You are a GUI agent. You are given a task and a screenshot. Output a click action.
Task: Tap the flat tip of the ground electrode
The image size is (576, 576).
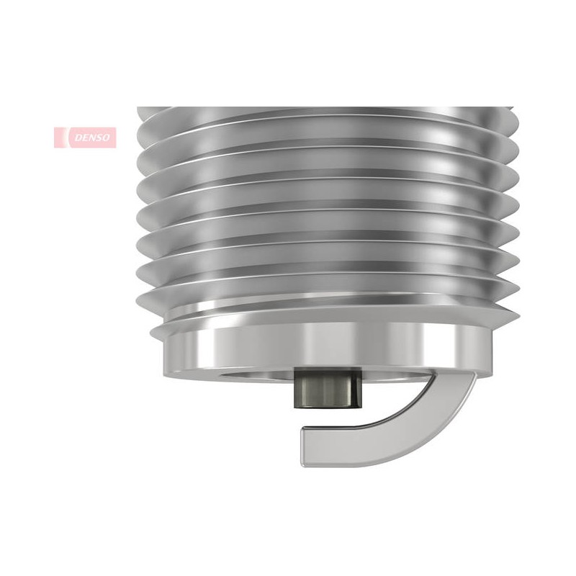pos(303,446)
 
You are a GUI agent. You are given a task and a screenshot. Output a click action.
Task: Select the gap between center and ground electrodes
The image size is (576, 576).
pos(327,418)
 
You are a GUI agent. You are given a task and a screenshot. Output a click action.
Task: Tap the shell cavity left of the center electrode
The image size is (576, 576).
pos(257,374)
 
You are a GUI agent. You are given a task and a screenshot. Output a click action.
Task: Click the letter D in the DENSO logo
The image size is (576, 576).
pos(78,138)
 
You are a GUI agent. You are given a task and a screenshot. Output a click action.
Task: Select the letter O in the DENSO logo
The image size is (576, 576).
pos(106,138)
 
